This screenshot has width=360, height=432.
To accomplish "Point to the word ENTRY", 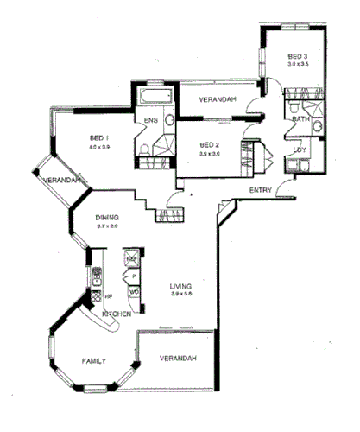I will [261, 189].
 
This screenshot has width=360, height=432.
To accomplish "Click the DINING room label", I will [107, 218].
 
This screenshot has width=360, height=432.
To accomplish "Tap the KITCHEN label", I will [117, 314].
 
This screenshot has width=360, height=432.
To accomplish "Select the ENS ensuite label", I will [150, 120].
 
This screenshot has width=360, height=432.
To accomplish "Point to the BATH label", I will [300, 119].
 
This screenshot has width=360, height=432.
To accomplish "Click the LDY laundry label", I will [300, 149].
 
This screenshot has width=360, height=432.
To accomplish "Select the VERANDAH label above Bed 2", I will [218, 101].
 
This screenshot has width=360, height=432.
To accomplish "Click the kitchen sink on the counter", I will [98, 276].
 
